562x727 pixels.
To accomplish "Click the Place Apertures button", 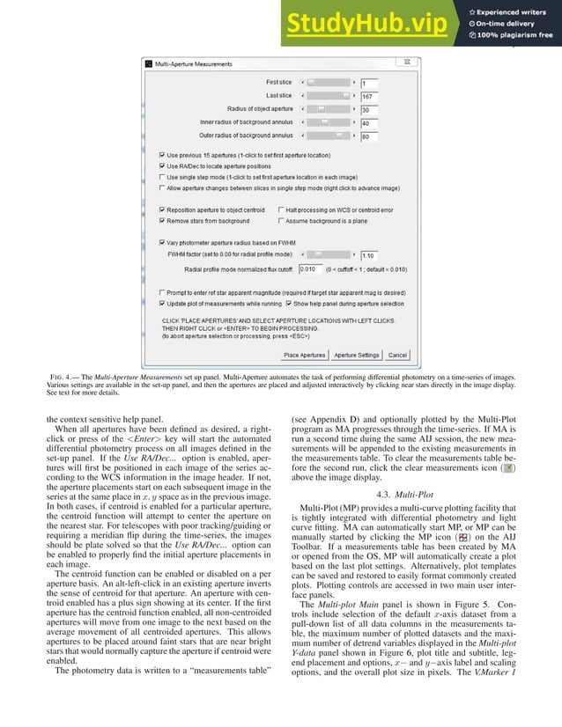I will (305, 355).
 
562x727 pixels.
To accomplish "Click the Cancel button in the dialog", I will (397, 355).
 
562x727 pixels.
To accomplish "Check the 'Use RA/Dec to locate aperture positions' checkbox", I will (160, 165).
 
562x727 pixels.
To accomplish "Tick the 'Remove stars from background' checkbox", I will (160, 221).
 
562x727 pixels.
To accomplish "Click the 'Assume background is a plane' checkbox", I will (281, 221).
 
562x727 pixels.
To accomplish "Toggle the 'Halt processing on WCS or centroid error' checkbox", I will (281, 210).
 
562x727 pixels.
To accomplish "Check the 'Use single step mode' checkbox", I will (160, 176).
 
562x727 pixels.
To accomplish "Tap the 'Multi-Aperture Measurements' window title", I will (196, 64).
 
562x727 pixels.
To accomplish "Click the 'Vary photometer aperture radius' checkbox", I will (160, 242).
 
